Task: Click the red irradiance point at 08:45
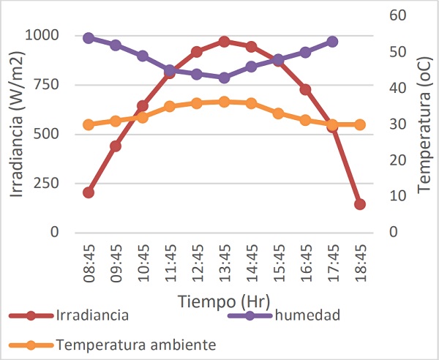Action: click(89, 192)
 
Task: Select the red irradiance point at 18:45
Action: click(359, 204)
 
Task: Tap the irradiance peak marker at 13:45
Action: click(224, 42)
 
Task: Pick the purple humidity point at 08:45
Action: click(89, 38)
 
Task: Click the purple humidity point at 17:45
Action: click(332, 42)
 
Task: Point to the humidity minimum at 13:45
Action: click(224, 78)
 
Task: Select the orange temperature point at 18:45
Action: click(359, 124)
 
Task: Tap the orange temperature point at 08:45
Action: click(89, 124)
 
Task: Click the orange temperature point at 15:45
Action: click(278, 113)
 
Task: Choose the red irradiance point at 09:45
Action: click(116, 146)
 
